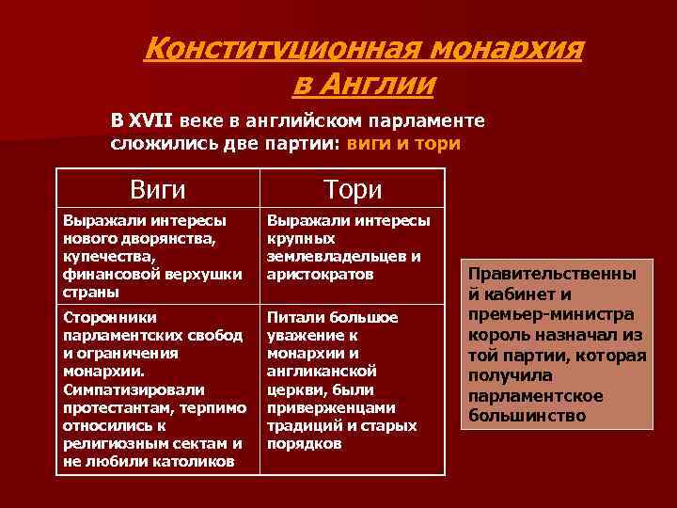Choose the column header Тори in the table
point(353,189)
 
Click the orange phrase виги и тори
point(403,144)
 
